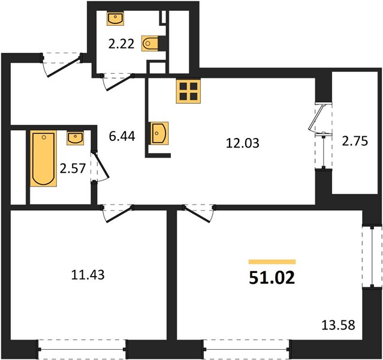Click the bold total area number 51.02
coord(272,278)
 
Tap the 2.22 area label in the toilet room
coord(122,44)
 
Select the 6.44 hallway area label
coord(122,136)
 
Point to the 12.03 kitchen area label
coord(243,143)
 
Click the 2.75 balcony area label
coord(355,142)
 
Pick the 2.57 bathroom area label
coord(73,169)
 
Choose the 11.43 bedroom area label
coord(88,275)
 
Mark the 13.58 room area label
coord(338,326)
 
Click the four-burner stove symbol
coord(188,91)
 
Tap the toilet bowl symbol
coord(150,44)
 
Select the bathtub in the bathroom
coord(44,158)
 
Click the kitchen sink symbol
coord(160,133)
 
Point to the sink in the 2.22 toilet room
coord(116,19)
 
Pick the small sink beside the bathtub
coord(76,138)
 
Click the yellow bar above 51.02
coord(272,262)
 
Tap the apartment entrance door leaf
coord(64,67)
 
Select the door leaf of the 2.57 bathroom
coord(101,165)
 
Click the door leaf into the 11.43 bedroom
coord(120,215)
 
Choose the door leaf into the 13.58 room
coord(197,214)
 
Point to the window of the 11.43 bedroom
coord(82,350)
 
